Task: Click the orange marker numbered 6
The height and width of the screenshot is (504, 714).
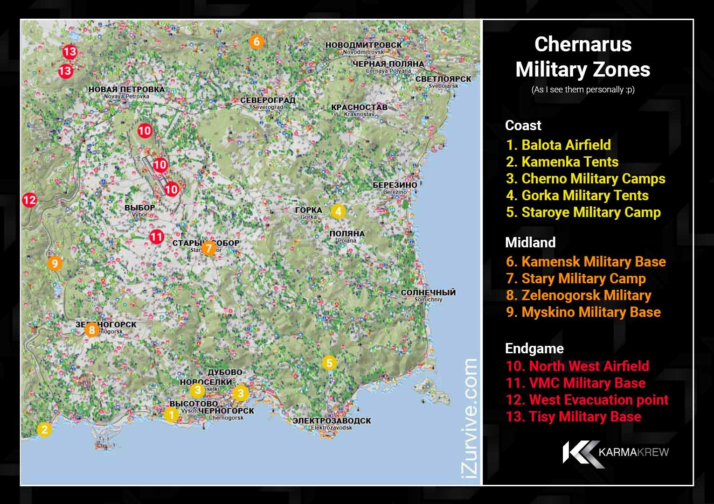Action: [x=256, y=42]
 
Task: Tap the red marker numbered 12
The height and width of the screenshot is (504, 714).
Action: [x=29, y=200]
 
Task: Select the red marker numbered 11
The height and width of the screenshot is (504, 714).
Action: [x=156, y=237]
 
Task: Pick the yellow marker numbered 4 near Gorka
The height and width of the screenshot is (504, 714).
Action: [x=338, y=211]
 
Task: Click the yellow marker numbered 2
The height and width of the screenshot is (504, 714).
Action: [x=44, y=429]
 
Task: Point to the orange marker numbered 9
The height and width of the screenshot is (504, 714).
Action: [x=55, y=264]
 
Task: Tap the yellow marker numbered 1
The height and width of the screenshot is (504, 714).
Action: [x=172, y=414]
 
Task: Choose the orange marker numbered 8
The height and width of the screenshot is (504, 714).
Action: [x=92, y=330]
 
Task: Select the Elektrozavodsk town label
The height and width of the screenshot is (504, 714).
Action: [x=332, y=423]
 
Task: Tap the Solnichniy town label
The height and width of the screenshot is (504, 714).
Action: [x=428, y=295]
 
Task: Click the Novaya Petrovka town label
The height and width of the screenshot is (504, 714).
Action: [x=126, y=92]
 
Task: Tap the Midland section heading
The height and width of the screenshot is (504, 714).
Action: [x=530, y=242]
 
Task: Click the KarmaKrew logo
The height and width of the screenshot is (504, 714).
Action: [x=616, y=452]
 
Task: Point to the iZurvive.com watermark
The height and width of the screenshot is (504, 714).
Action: [x=471, y=418]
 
